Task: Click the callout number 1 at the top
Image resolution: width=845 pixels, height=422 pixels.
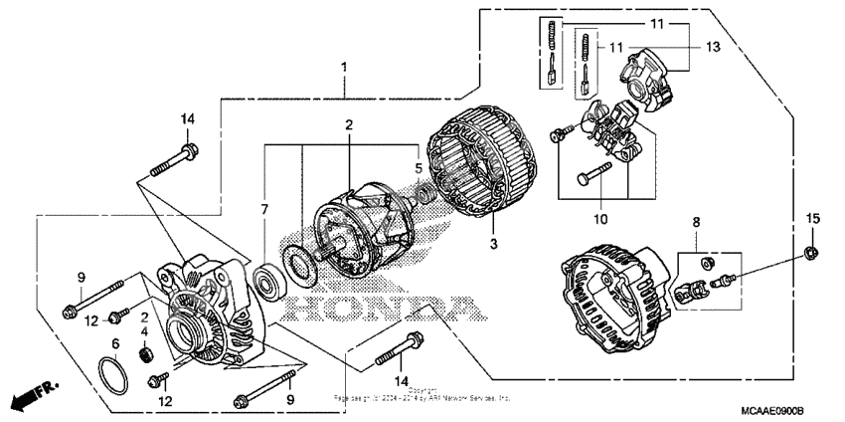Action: (x=344, y=67)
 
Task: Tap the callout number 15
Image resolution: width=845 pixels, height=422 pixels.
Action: (x=812, y=218)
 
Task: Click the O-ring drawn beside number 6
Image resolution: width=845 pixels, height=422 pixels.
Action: (x=114, y=377)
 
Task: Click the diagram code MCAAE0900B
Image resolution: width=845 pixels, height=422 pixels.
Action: (x=770, y=410)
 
